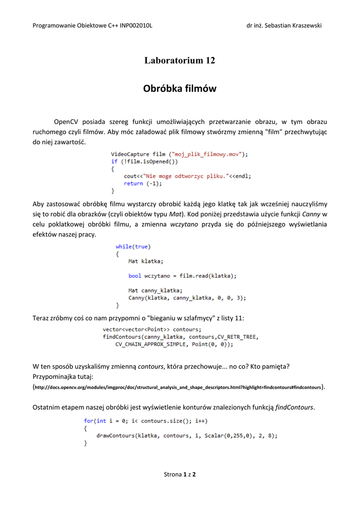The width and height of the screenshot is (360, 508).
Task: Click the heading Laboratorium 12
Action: [x=180, y=61]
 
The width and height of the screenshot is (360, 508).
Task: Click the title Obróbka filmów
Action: [x=180, y=89]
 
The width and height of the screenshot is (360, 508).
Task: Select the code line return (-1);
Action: [x=143, y=183]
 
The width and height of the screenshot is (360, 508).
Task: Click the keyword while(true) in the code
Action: [x=133, y=247]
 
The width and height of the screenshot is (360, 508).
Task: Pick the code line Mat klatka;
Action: [x=145, y=261]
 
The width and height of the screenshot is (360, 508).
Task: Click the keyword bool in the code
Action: [x=135, y=276]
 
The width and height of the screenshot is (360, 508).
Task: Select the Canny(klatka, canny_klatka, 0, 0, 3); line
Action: [x=187, y=298]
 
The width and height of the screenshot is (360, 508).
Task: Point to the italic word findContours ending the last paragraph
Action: [x=294, y=407]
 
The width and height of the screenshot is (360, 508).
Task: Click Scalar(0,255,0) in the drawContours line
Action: [x=227, y=436]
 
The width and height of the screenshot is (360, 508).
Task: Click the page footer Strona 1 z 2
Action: [x=180, y=474]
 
